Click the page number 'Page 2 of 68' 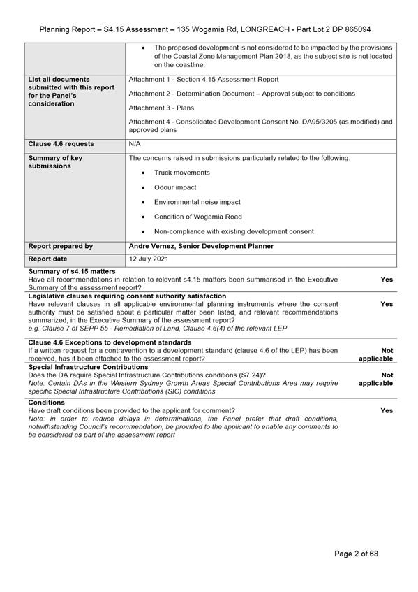point(356,554)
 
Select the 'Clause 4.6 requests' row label point(61,144)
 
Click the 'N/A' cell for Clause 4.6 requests point(135,144)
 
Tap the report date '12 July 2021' point(149,259)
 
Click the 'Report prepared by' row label point(60,247)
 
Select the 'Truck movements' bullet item point(181,173)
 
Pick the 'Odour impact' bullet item point(175,187)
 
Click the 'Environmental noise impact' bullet point(197,202)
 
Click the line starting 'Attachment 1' point(204,80)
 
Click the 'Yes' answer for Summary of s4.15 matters point(387,280)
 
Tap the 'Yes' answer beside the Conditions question point(387,411)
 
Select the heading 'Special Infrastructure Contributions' point(88,367)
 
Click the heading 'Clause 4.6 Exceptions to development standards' point(110,342)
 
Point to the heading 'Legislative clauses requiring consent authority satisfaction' point(127,296)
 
